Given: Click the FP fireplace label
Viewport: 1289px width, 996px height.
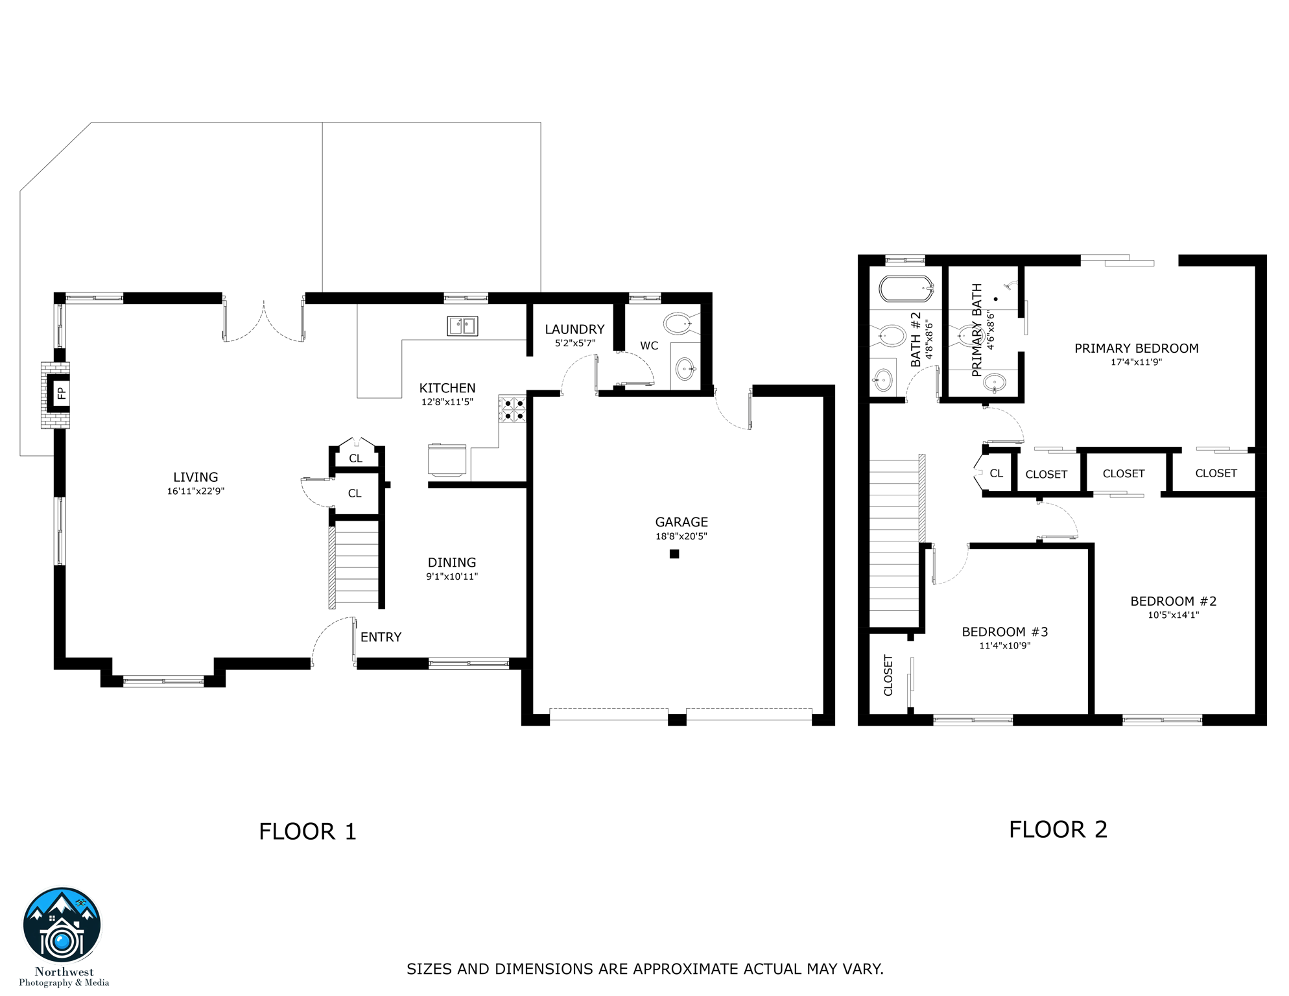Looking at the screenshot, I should (x=61, y=393).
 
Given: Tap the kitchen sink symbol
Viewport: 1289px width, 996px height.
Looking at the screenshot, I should (x=462, y=326).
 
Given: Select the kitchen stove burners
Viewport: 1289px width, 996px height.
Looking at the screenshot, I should (x=512, y=409).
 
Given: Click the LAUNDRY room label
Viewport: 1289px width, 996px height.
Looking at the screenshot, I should (x=574, y=329).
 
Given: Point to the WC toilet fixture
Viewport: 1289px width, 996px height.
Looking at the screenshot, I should (x=678, y=323).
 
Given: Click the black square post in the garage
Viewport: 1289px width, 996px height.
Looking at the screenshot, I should (x=674, y=554).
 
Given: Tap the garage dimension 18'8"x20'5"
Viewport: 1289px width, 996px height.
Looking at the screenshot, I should (x=681, y=536).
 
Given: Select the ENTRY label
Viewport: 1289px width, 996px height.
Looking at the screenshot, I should (x=381, y=637).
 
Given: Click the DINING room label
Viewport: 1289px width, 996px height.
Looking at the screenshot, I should (x=452, y=562).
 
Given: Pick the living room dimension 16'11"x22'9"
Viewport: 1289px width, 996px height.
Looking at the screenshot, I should (x=195, y=492).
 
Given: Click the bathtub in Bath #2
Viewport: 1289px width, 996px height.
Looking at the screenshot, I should (x=906, y=289).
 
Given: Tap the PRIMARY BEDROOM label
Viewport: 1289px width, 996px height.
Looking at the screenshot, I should (x=1136, y=348).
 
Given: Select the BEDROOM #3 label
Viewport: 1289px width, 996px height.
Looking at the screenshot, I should (x=1004, y=632).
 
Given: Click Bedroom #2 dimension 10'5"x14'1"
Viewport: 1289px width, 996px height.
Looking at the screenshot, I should (x=1173, y=615).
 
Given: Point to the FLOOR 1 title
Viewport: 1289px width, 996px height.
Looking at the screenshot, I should (x=307, y=831).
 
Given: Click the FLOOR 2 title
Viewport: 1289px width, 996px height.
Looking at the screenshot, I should (x=1058, y=829).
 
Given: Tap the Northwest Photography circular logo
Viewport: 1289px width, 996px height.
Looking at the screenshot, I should (x=62, y=925).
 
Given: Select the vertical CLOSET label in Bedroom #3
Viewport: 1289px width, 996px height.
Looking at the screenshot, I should (x=888, y=675).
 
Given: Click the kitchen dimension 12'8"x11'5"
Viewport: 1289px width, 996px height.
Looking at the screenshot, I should (x=447, y=402).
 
